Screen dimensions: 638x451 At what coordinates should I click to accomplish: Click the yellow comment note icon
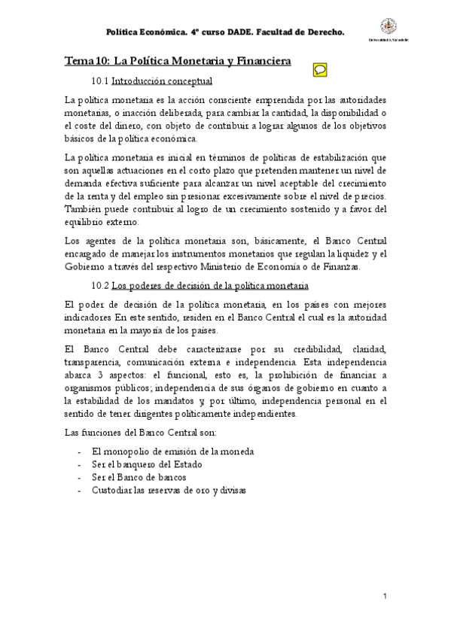(319, 68)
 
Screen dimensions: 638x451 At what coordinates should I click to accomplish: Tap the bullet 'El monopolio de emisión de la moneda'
(171, 451)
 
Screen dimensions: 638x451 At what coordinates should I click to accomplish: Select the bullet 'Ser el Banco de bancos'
(138, 477)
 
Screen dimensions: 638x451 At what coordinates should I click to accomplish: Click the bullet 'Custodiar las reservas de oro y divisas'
(169, 490)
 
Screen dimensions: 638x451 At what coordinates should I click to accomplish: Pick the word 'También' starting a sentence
(84, 208)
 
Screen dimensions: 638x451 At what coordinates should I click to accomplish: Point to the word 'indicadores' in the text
(92, 319)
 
